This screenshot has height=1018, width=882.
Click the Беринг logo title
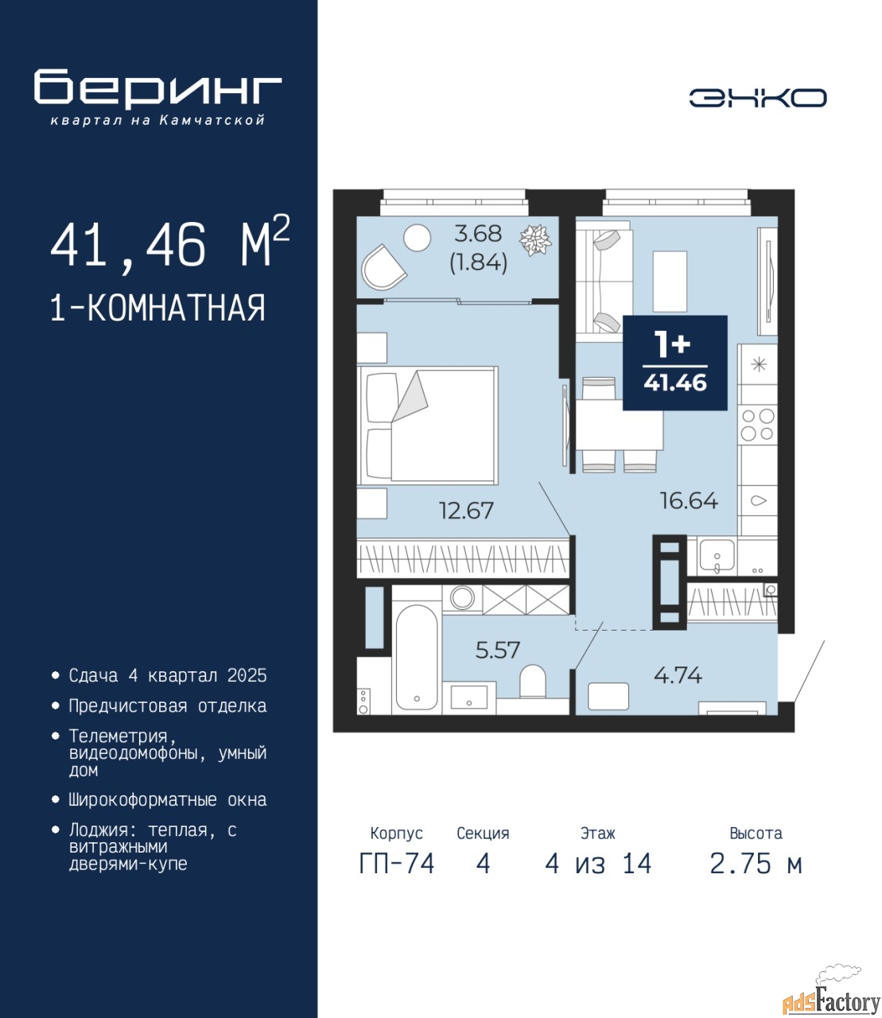157,89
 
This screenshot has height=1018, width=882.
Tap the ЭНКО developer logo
758,98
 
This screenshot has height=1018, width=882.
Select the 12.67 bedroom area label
466,511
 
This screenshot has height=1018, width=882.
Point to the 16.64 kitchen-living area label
689,501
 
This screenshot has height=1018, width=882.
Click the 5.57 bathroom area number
497,650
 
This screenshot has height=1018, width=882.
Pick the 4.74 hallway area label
678,675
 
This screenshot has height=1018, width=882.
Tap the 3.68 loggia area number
478,234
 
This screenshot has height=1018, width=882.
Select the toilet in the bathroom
533,681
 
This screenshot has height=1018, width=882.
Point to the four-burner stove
757,425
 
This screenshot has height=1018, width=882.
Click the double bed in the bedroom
427,425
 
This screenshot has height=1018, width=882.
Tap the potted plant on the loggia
536,240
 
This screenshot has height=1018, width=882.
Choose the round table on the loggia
417,238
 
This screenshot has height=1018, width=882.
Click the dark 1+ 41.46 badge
675,363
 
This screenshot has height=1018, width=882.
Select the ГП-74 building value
397,864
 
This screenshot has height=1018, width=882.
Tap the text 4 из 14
598,864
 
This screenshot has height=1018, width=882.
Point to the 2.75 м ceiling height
756,864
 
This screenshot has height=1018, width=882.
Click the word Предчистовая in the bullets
128,706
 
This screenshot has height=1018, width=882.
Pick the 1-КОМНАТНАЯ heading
158,308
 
